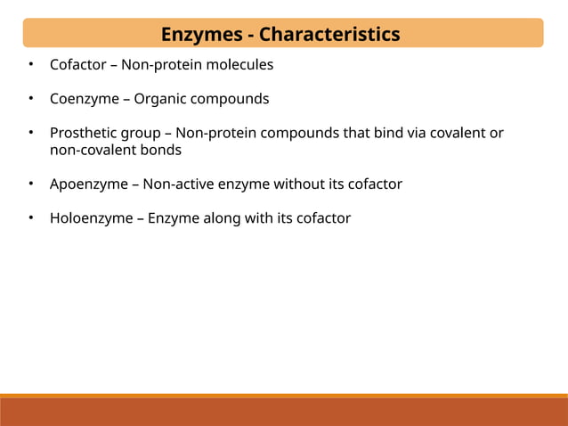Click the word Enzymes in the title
point(201,35)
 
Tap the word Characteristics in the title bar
point(329,35)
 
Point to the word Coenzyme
point(84,99)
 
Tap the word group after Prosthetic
point(144,134)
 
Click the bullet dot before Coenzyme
point(29,99)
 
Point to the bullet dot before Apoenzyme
point(29,184)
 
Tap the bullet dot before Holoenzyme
point(29,218)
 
